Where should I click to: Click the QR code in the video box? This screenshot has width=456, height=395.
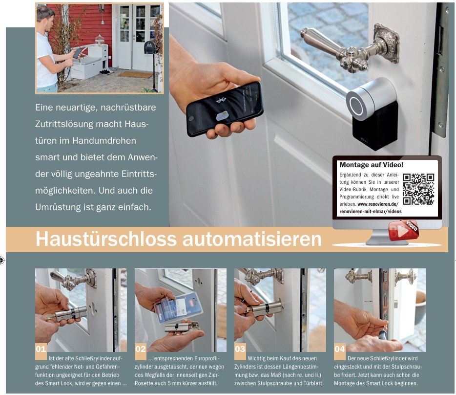point(418,189)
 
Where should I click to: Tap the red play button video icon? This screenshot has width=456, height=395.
point(401,231)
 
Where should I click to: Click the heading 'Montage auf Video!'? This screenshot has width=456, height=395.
point(371,165)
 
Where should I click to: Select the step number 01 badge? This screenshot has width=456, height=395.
point(41,349)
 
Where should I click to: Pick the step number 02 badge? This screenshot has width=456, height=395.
point(141,349)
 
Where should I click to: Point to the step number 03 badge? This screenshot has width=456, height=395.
point(240,349)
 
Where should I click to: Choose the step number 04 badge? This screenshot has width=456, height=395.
point(340,349)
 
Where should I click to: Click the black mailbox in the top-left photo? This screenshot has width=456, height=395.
point(150,47)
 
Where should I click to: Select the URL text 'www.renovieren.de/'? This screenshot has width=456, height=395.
point(378,203)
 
